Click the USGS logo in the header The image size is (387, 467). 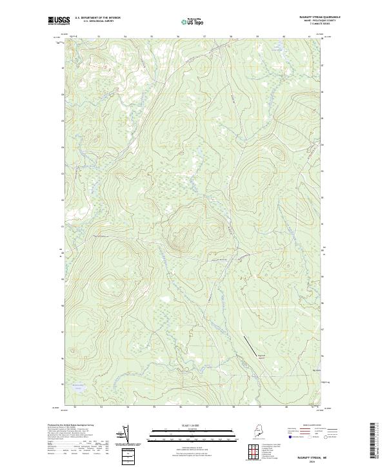tap(57, 21)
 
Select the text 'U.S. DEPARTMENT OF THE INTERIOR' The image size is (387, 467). tap(98, 18)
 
